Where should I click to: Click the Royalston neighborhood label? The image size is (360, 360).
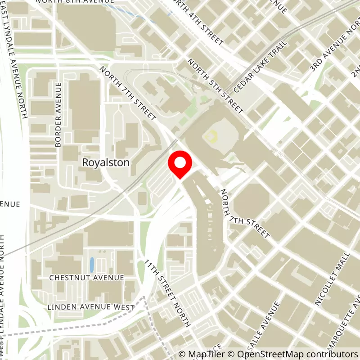[x=106, y=162]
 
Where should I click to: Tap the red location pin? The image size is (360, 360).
[x=180, y=164]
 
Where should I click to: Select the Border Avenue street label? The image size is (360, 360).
[x=58, y=115]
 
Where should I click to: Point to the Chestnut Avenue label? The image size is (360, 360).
[x=86, y=278]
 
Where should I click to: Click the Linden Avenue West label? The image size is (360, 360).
[x=91, y=307]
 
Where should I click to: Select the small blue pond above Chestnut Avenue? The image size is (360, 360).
[x=92, y=265]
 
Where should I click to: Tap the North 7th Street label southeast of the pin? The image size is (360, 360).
[x=245, y=213]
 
